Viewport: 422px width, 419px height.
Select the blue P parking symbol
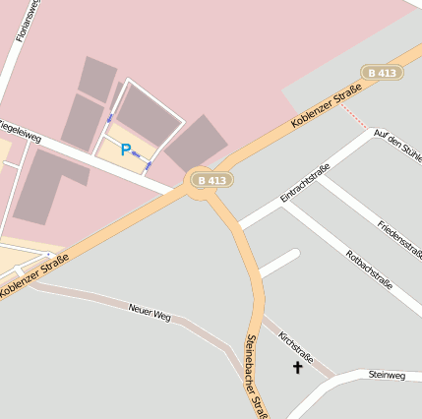126,150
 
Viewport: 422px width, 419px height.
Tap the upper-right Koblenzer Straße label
328,108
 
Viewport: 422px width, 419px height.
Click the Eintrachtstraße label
305,183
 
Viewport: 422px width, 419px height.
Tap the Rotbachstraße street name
370,269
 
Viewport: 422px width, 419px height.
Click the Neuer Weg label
150,314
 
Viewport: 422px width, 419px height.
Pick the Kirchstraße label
295,347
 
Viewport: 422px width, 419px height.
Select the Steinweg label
387,375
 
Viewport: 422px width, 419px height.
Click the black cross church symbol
297,368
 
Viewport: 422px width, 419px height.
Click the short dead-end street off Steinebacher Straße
277,264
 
